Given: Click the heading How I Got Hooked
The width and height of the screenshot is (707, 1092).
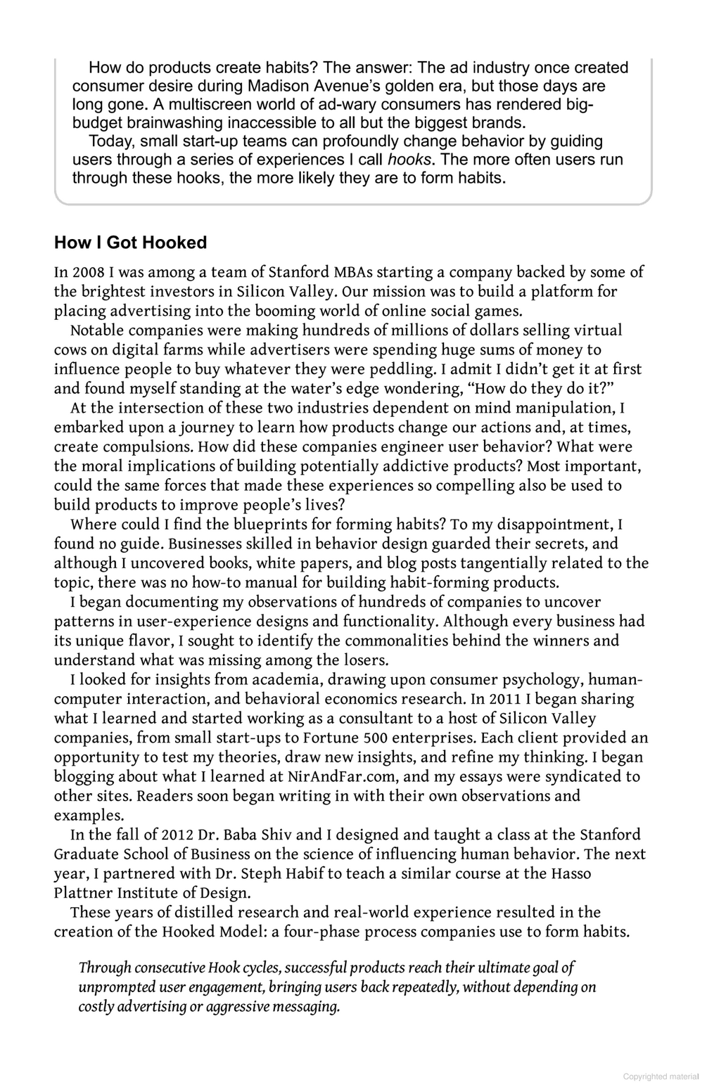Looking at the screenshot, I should point(130,243).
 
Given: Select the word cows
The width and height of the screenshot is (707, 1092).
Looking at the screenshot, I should point(70,349).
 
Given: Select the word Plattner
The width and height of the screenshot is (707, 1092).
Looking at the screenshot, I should point(82,893).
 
